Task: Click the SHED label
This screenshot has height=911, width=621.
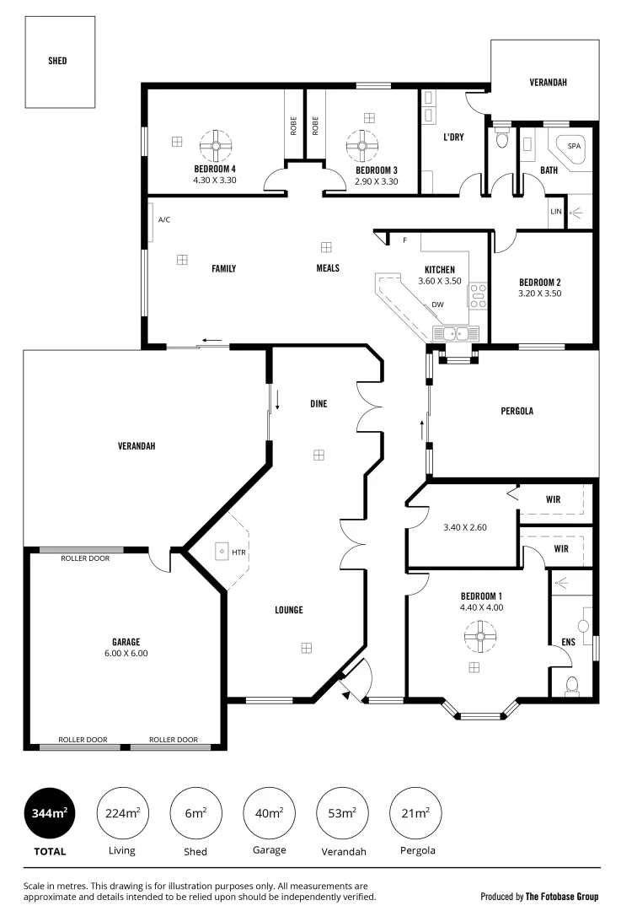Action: tap(58, 61)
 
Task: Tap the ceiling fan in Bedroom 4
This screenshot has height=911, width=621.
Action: tap(217, 145)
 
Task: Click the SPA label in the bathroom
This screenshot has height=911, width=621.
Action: tap(574, 146)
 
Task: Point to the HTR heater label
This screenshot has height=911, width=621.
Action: tap(238, 553)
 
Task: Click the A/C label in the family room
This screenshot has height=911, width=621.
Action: tap(164, 220)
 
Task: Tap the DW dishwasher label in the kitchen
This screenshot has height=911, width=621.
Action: tap(437, 305)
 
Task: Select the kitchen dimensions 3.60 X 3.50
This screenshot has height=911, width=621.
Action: tap(440, 281)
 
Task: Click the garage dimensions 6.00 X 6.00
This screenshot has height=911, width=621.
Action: tap(126, 653)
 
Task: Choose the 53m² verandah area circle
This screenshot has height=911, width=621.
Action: tap(342, 813)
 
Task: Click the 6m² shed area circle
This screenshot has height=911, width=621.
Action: tap(195, 813)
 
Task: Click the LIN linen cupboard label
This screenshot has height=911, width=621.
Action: tap(555, 211)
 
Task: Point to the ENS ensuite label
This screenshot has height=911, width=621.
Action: tap(568, 642)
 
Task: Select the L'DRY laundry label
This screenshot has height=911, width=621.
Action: tap(453, 137)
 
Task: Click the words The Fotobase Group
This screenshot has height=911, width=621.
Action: tap(562, 897)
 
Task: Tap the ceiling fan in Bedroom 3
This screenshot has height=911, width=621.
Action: tap(362, 145)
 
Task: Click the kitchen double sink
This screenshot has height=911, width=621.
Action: tap(456, 333)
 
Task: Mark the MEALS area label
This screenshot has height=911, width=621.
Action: tap(327, 268)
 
